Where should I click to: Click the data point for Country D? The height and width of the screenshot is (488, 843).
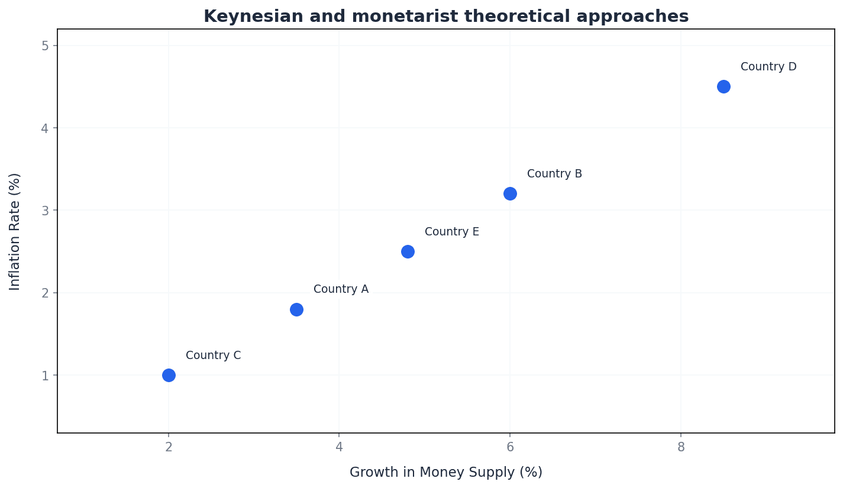coord(724,86)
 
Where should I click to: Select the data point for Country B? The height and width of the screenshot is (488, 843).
coord(510,193)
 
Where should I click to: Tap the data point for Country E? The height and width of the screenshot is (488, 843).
coord(408,251)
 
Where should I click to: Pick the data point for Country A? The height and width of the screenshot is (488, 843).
coord(296,309)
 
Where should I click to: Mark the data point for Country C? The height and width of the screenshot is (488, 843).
coord(169,375)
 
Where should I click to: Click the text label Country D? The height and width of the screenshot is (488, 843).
coord(768,67)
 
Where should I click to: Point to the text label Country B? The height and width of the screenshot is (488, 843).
coord(554,174)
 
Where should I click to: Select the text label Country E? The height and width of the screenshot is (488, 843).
coord(452,232)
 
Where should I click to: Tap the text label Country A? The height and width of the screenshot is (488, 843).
coord(341,289)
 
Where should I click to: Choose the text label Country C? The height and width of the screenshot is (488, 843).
coord(213,356)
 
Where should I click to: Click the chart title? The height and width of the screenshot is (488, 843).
coord(446,17)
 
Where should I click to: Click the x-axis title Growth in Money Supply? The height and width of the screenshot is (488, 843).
coord(446,472)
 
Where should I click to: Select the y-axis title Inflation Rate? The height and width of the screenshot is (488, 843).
coord(15,231)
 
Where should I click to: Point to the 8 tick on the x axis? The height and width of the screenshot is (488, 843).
coord(681,447)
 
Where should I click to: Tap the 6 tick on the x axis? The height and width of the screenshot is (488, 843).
coord(510,447)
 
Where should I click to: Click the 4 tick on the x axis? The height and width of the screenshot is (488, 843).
coord(339,447)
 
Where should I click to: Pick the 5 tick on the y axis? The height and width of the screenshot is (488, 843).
coord(46,46)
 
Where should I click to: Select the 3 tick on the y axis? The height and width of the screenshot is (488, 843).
coord(46,211)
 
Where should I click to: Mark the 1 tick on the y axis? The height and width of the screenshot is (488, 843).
coord(46,375)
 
